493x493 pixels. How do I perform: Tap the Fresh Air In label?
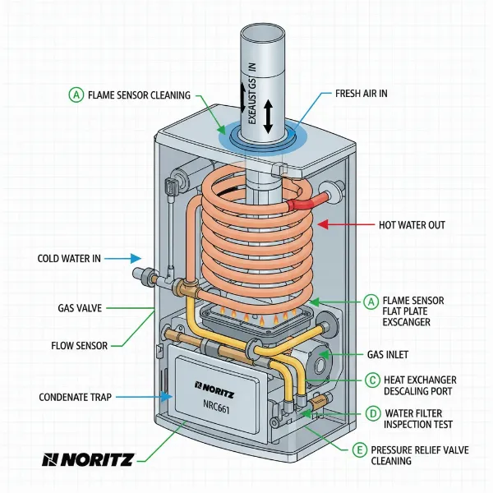(x=362, y=94)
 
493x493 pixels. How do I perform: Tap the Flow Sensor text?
(x=74, y=346)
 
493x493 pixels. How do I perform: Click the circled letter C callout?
(x=371, y=380)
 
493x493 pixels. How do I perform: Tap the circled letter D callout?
(x=371, y=412)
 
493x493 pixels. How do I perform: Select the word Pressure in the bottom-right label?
(x=394, y=450)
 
